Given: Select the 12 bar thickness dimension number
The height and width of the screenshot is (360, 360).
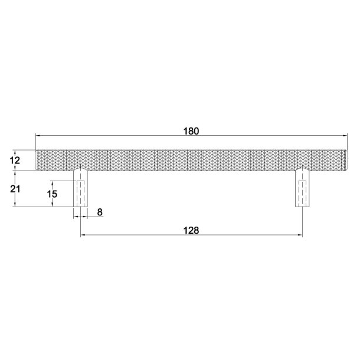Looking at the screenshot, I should coord(17,160).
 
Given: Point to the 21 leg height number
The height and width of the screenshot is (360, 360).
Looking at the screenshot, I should coord(17,189).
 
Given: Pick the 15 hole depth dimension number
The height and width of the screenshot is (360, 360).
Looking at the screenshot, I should coord(52,193).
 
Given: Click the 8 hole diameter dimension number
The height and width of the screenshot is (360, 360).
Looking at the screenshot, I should coord(99,211).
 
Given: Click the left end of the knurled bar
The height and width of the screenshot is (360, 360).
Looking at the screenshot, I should coord(38,160).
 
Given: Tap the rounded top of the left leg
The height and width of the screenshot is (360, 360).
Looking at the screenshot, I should coord(81,171).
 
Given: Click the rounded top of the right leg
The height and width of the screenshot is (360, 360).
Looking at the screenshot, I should coord(303,171).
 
